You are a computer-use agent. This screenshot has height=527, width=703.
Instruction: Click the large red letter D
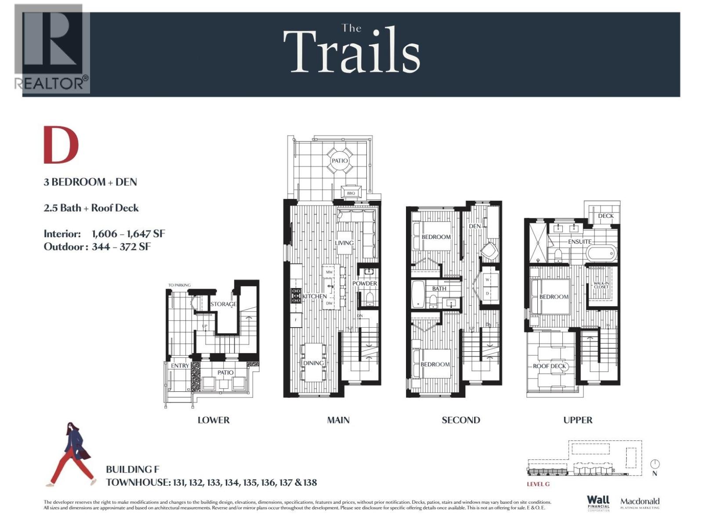pos(61,144)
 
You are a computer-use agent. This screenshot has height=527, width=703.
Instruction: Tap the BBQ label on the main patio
pos(351,193)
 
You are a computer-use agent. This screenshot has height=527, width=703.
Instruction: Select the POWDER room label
pos(364,284)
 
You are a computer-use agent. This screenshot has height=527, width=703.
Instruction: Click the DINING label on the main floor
pos(313,363)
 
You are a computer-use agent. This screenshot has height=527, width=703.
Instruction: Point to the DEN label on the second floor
pos(475,226)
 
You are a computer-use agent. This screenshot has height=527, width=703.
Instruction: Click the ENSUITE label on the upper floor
pos(580,242)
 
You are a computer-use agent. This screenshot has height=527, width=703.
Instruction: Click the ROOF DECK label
pos(550,366)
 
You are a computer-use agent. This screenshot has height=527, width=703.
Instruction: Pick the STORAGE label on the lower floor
pos(223,304)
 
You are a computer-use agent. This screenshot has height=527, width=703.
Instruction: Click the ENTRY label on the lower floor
pos(180,366)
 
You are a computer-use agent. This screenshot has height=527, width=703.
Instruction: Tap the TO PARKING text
pos(179,285)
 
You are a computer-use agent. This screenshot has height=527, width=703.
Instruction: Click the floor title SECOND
pos(460,420)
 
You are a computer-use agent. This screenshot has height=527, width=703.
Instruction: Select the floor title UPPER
pos(578,420)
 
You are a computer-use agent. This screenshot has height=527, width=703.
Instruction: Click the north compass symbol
pos(655,465)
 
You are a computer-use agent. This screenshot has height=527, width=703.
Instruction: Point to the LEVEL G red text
pos(538,484)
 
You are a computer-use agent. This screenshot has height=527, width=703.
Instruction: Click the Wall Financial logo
pos(598,502)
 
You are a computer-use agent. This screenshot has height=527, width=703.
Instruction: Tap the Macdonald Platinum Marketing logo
pos(640,503)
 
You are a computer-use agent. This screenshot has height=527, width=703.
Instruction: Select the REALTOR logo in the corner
pos(51,48)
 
